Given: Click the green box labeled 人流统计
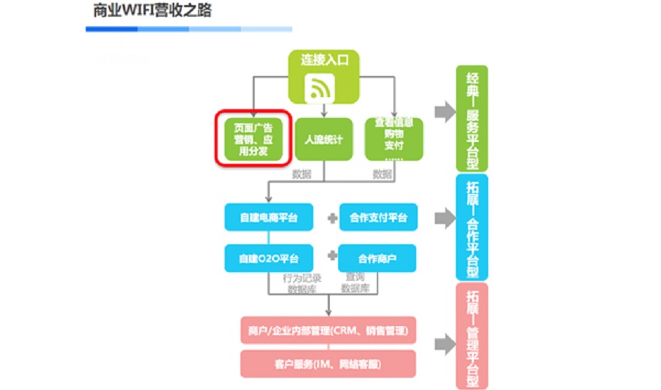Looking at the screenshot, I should tap(324, 139).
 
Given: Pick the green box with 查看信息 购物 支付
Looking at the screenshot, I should tap(394, 138).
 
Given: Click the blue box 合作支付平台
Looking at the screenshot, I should tap(378, 218).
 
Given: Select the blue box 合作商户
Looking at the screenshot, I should tap(378, 258).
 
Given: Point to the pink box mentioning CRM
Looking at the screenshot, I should tap(329, 330).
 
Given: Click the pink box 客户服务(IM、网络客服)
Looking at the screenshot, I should tap(329, 364).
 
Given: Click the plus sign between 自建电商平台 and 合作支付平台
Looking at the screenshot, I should tap(331, 219).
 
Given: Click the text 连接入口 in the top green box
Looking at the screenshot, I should tap(324, 59).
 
